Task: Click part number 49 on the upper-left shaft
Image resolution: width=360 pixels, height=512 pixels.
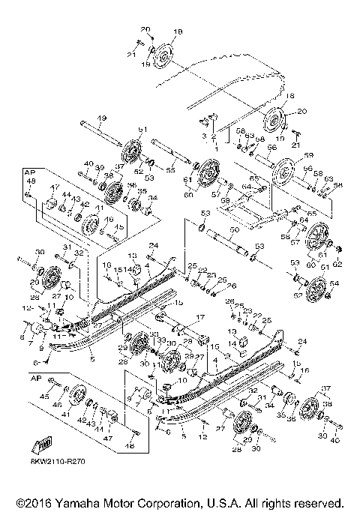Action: click(100, 117)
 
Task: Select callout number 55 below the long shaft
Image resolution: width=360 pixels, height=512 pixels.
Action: click(171, 171)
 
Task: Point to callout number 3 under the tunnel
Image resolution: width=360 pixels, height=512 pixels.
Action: click(202, 136)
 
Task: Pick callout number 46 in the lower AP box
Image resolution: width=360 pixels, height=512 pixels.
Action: click(58, 404)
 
